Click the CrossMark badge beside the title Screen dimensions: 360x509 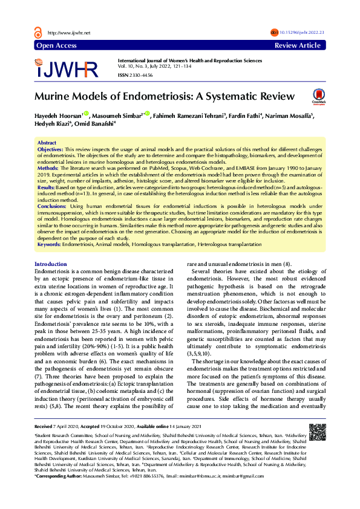click(318, 96)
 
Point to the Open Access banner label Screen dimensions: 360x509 click(56, 45)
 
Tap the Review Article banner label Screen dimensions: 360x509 click(297, 45)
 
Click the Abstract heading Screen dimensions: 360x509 click(47, 143)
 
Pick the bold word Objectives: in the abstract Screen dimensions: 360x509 click(50, 149)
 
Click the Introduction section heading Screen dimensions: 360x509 click(51, 265)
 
